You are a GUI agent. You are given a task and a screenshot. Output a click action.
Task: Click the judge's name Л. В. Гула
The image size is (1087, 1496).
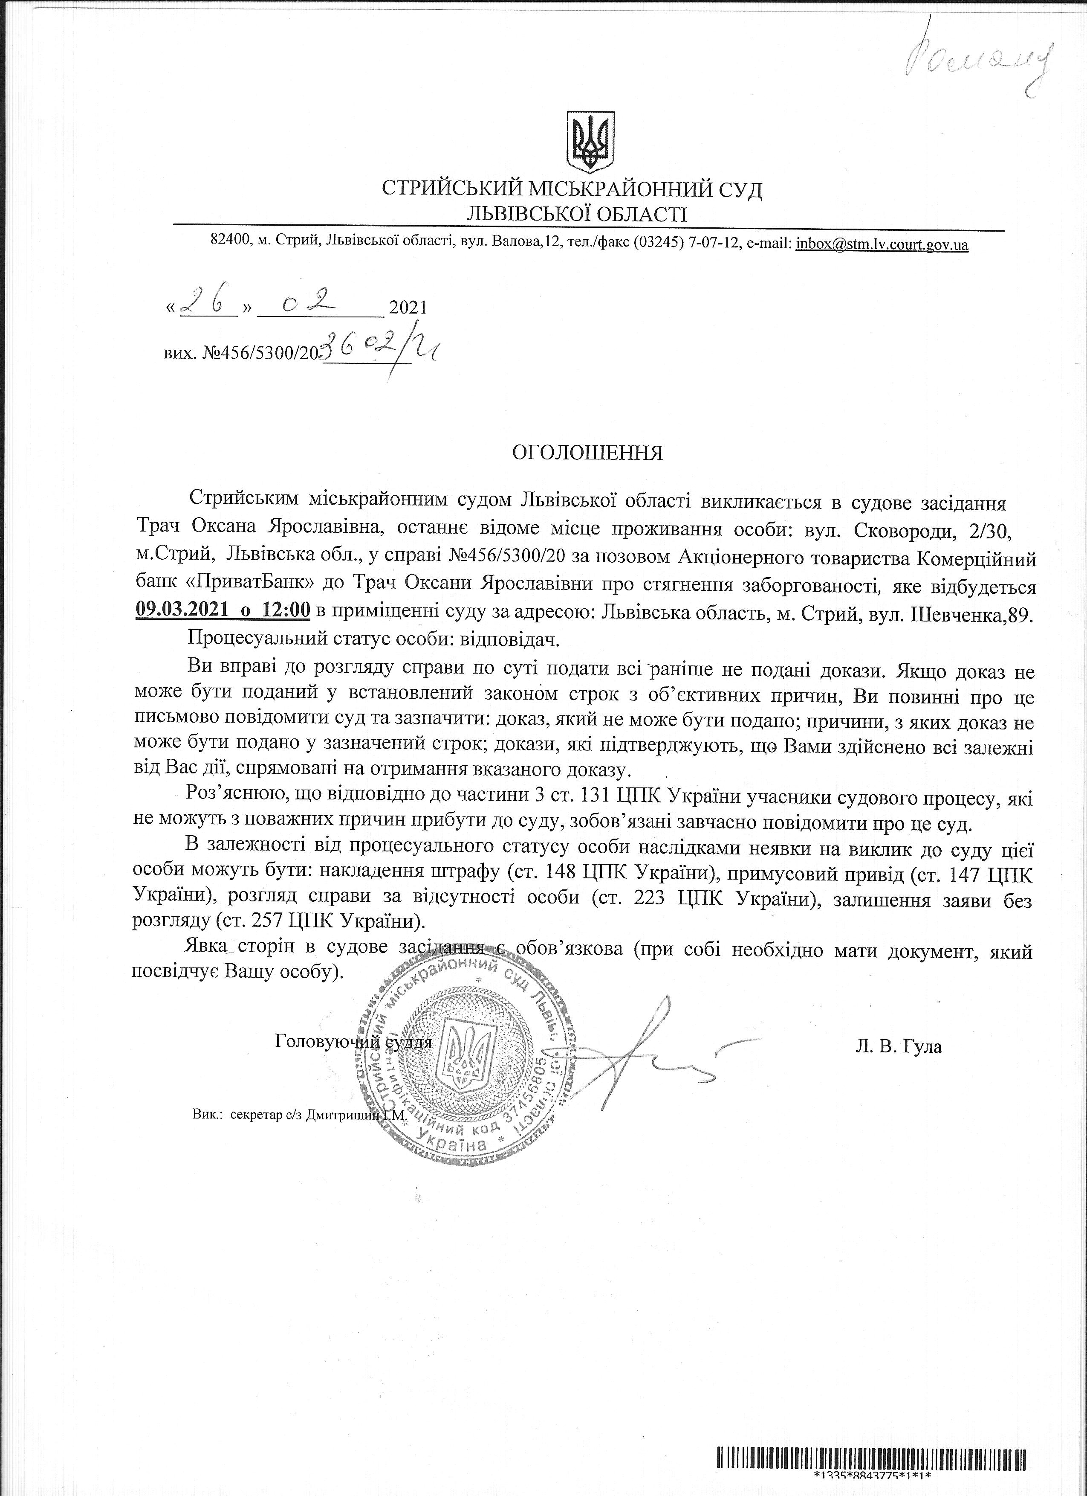pos(899,1046)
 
